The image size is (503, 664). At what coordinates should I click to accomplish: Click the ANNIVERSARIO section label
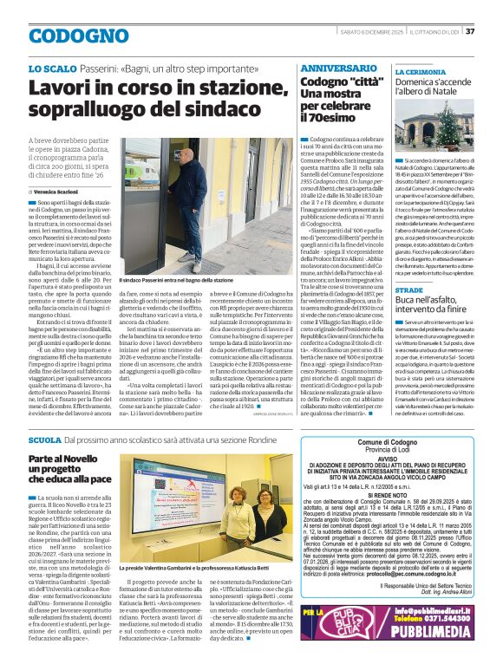338,68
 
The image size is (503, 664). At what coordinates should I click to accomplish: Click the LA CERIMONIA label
420,72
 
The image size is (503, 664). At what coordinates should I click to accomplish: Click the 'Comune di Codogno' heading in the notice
381,443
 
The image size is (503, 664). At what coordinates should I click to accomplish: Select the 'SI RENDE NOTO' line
381,497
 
